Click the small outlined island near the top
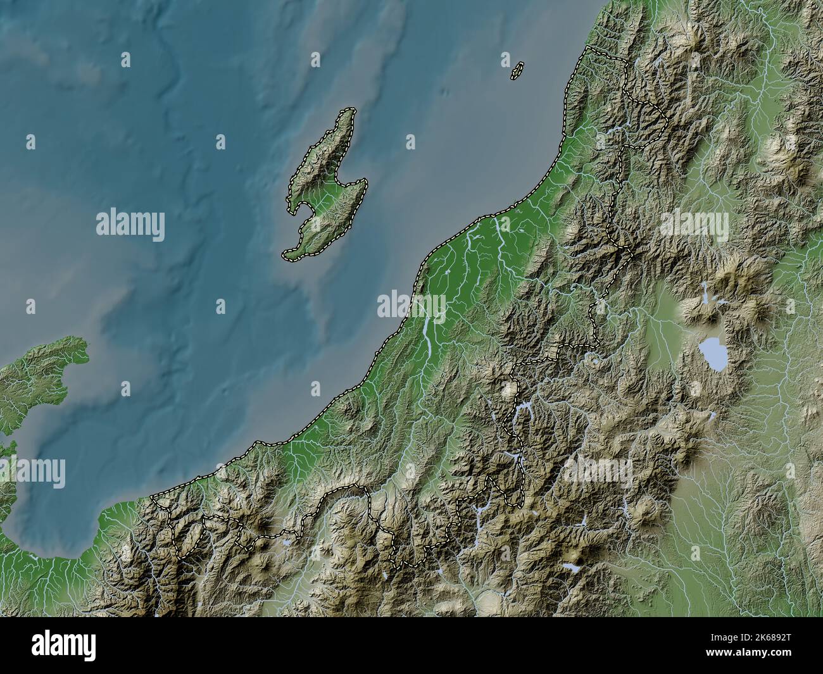tap(517, 70)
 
